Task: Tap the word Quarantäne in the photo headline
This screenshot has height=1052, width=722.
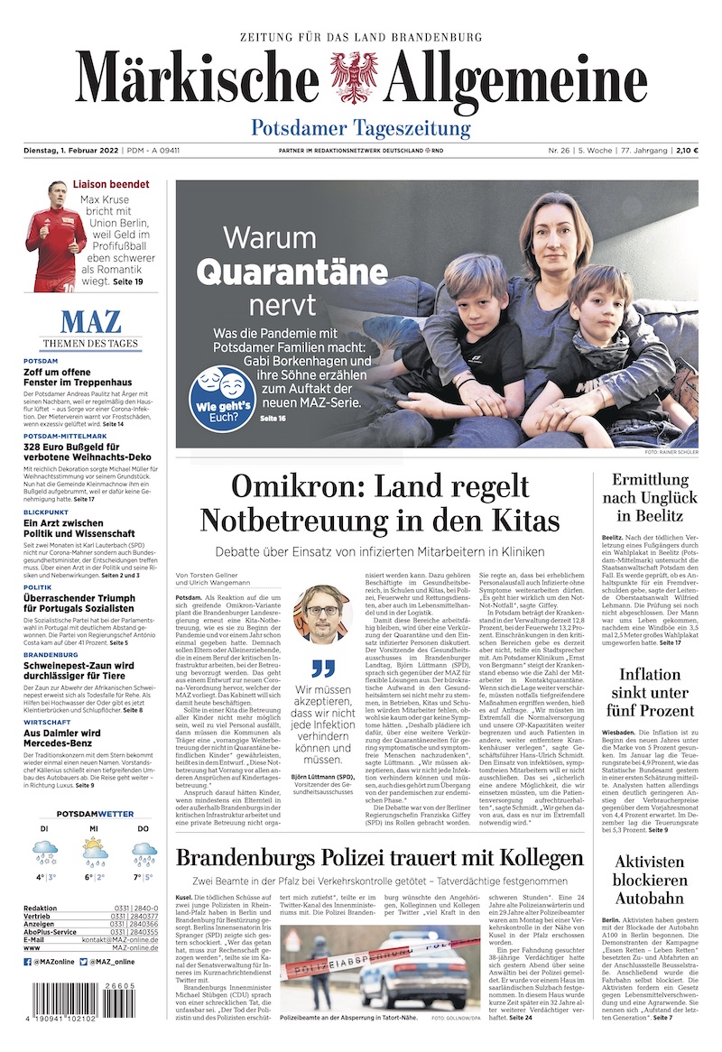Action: (292, 271)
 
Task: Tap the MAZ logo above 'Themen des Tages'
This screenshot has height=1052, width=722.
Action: (89, 323)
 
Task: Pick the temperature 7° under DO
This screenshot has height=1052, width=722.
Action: (137, 876)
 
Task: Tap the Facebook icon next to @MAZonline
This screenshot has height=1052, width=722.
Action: (27, 963)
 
